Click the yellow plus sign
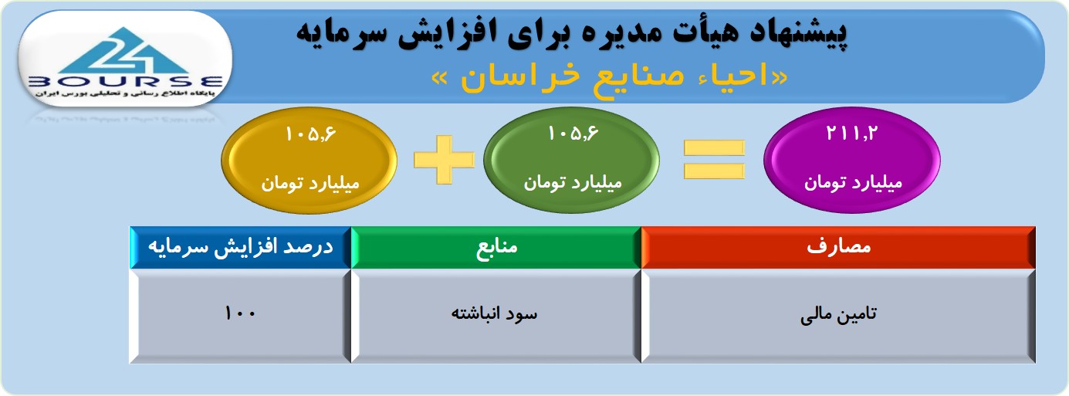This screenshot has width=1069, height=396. coord(444,160)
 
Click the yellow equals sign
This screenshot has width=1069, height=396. coord(714,159)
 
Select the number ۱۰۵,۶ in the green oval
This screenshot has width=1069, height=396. coord(573,133)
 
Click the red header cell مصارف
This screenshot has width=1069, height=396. coord(838,247)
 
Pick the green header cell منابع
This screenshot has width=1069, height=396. coord(496,247)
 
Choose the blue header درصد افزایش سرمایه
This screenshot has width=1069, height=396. coord(241,247)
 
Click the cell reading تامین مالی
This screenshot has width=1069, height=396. coord(838,316)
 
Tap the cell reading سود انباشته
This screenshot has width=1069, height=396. coord(496,316)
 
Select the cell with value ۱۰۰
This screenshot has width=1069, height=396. coord(241,316)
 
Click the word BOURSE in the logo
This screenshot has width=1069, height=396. coord(126,82)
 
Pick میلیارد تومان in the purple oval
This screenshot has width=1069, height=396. coord(853,183)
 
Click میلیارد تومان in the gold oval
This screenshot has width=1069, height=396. coord(310,184)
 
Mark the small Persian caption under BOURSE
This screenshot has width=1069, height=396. coord(124,94)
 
